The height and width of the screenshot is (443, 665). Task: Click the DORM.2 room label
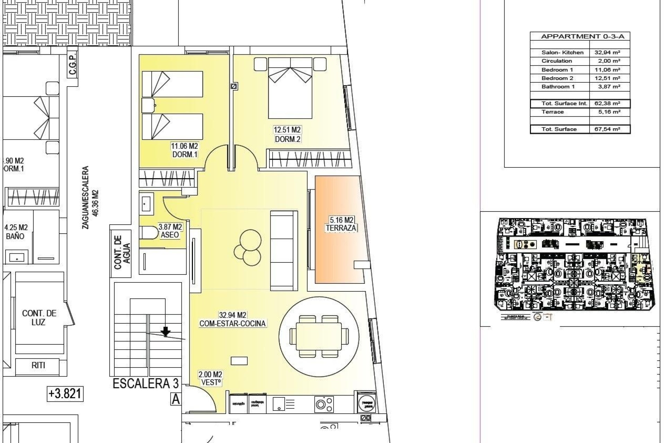point(287,139)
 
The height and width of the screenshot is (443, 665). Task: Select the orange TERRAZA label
point(341,228)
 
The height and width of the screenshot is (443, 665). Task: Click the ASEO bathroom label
point(170,235)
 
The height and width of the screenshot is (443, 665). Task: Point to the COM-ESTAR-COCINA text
point(232,324)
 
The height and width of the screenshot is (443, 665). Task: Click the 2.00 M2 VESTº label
point(210,379)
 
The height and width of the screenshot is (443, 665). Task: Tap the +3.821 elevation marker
point(65,394)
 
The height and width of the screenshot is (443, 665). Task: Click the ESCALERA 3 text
point(145,383)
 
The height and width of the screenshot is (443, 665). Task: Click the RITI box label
point(38,365)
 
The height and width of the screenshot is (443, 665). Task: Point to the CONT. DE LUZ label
point(39,317)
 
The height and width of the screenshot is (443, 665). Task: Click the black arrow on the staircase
point(166,332)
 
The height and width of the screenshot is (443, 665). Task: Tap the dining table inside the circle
point(318,336)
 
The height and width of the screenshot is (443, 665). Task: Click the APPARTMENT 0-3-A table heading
point(580,36)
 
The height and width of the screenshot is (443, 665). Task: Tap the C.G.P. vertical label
point(72,65)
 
